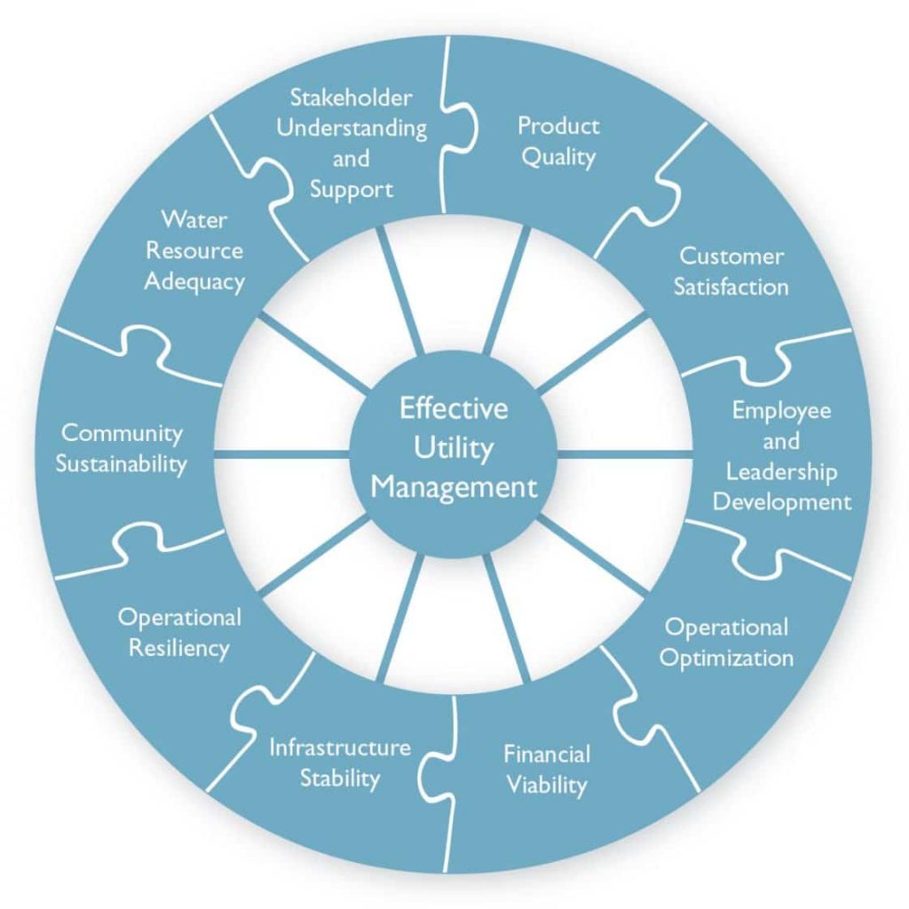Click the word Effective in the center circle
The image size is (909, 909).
[x=454, y=409]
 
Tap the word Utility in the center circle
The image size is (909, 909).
[x=454, y=448]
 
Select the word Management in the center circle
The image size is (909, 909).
[x=454, y=487]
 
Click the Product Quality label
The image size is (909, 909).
[x=558, y=141]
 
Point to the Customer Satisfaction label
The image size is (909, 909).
[x=731, y=272]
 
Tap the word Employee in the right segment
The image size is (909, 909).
[x=781, y=410]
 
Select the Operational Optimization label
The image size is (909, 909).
[x=727, y=643]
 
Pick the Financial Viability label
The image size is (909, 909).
[x=547, y=770]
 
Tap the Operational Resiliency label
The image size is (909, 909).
[x=179, y=632]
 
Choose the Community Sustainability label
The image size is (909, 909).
[x=122, y=448]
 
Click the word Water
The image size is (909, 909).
[x=194, y=218]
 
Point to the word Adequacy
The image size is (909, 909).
[x=194, y=282]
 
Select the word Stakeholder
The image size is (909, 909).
[x=352, y=96]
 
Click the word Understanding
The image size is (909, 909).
[x=352, y=128]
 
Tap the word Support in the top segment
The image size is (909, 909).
[x=352, y=190]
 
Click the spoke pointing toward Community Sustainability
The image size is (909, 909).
[x=282, y=454]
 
